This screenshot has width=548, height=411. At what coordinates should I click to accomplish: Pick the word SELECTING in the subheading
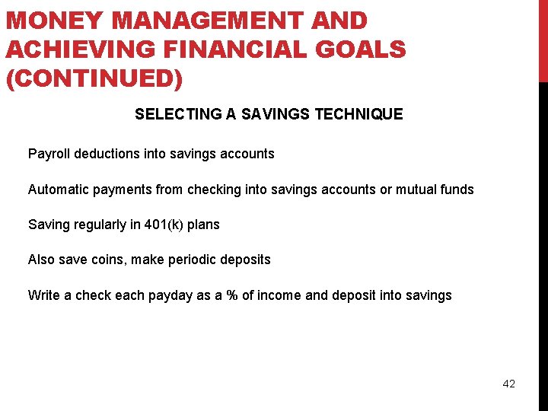point(178,115)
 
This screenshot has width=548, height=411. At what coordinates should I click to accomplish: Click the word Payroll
point(49,154)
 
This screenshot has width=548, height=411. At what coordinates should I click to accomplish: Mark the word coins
point(109,260)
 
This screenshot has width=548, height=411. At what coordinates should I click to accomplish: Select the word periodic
point(191,260)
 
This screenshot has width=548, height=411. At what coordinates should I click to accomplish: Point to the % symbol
point(231,295)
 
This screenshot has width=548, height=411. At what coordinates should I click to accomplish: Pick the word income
point(279,295)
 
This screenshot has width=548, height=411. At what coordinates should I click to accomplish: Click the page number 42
point(508,384)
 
